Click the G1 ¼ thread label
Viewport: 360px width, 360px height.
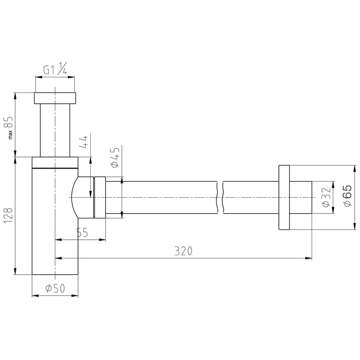(55, 68)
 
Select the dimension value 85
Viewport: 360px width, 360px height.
(9, 122)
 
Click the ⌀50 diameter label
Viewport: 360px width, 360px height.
(55, 288)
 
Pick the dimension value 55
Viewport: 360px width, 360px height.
(82, 233)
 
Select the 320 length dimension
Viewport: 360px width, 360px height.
(183, 251)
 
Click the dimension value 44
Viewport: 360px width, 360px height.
(84, 142)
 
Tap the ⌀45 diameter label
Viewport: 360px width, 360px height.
(115, 158)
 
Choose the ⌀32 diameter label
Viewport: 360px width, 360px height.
(326, 197)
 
